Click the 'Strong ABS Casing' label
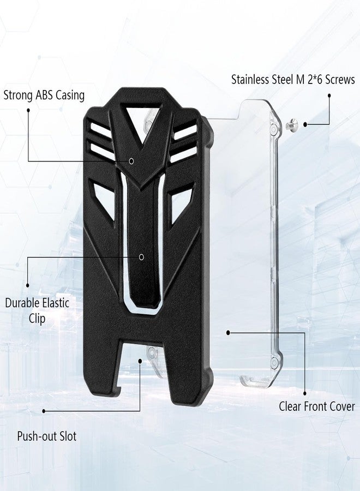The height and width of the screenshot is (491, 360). pyautogui.click(x=44, y=95)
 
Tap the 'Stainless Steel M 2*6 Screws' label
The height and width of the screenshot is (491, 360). pyautogui.click(x=293, y=80)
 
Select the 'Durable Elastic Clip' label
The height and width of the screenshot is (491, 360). pyautogui.click(x=37, y=310)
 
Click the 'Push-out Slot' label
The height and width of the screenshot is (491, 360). pyautogui.click(x=47, y=436)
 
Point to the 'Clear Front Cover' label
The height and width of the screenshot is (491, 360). pyautogui.click(x=317, y=406)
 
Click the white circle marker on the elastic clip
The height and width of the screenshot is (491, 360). pyautogui.click(x=141, y=257)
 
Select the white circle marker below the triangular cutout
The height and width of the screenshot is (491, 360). pyautogui.click(x=132, y=161)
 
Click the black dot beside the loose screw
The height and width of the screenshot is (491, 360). pyautogui.click(x=305, y=124)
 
